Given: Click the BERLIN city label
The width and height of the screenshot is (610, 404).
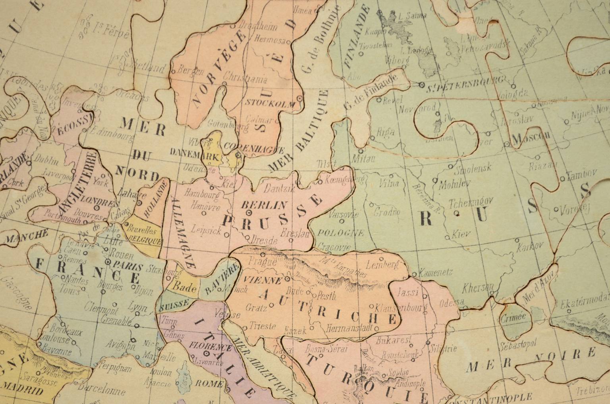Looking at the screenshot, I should coord(264,205).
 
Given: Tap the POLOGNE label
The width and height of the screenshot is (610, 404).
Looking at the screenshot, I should coord(341,233).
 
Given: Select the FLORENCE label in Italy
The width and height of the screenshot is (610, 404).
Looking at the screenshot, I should coord(205,346).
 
